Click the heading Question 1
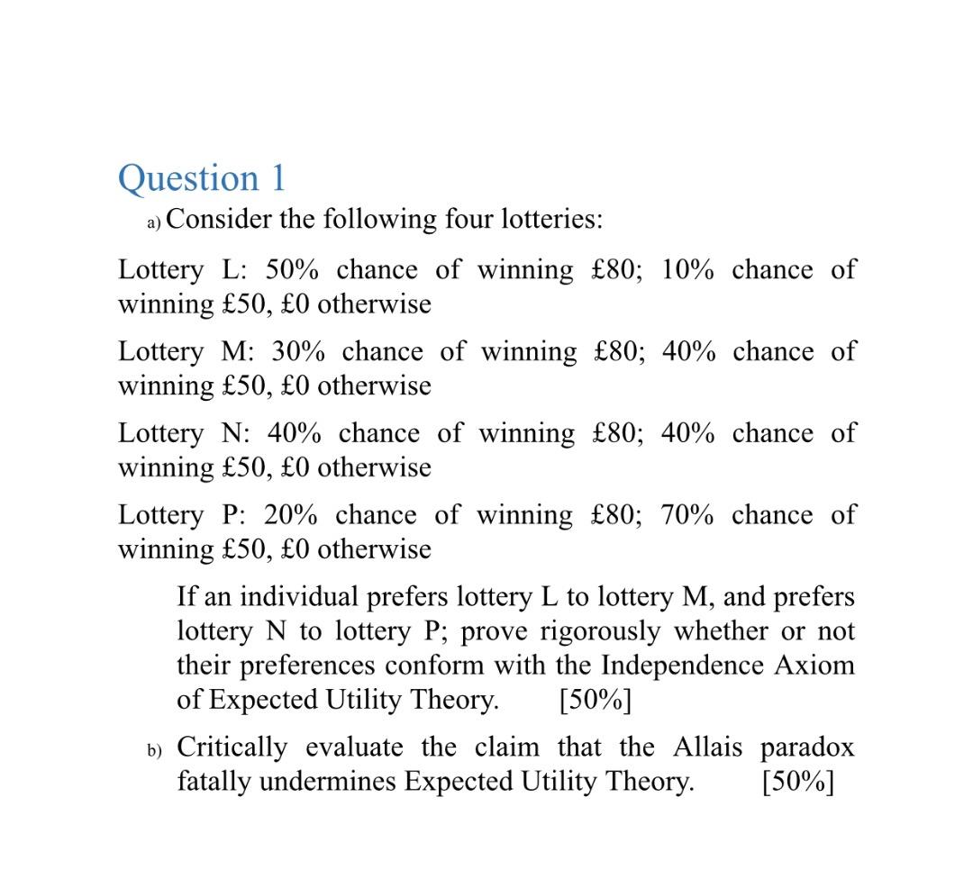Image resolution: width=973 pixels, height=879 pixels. click(x=202, y=178)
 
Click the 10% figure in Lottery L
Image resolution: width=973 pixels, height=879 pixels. click(x=687, y=270)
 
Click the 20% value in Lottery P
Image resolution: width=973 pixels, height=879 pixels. click(x=291, y=516)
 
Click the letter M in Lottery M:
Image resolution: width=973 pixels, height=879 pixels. click(x=232, y=352)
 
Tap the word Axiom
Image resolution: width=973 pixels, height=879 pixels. click(x=814, y=666)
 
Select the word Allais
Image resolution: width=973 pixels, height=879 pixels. click(x=707, y=748)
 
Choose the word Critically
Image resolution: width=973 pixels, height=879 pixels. click(x=232, y=748)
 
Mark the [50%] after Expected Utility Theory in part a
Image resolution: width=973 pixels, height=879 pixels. click(x=595, y=701)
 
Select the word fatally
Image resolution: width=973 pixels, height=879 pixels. click(x=214, y=782)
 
